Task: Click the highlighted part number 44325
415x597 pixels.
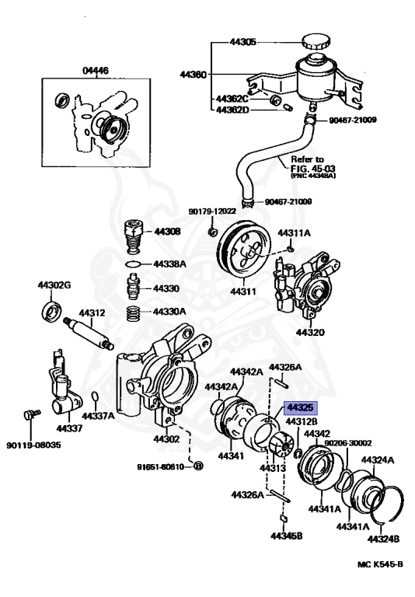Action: pyautogui.click(x=302, y=407)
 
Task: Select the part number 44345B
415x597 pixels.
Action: pyautogui.click(x=287, y=536)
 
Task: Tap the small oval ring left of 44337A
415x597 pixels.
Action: pyautogui.click(x=94, y=399)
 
